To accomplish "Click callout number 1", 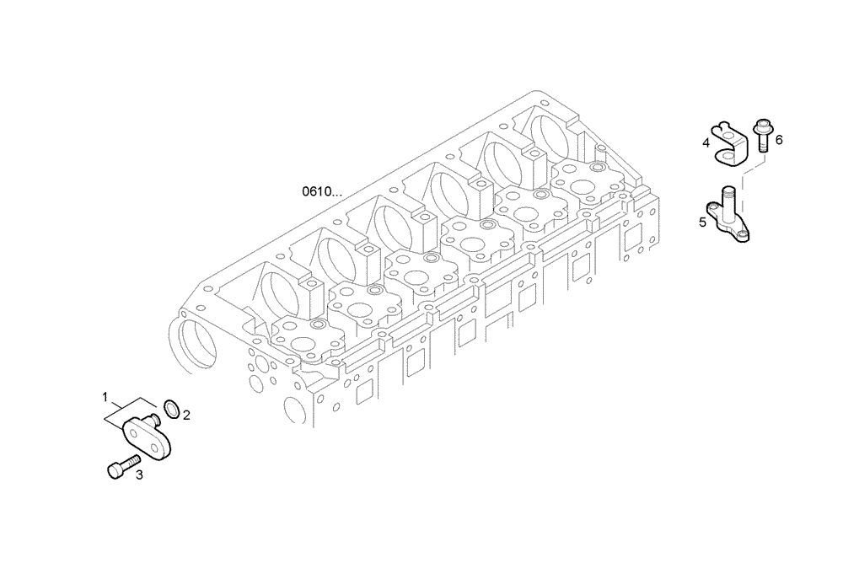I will [x=105, y=396].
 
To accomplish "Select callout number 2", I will [x=186, y=415].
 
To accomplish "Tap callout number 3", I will [x=139, y=475].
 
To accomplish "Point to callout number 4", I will [x=706, y=142].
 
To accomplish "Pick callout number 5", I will [x=701, y=223].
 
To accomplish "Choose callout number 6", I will [x=779, y=140].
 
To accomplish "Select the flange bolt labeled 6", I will [x=762, y=136].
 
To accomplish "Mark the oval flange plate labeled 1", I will [x=149, y=437].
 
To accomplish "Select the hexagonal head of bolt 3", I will [x=113, y=470].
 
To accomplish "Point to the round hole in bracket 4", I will [x=726, y=155].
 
